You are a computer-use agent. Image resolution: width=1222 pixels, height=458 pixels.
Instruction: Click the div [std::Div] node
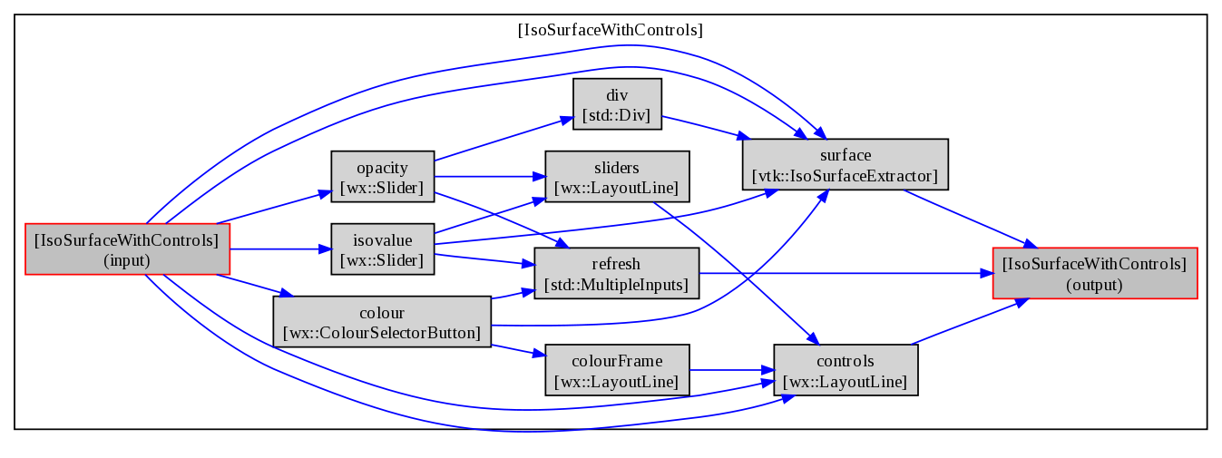[x=617, y=104]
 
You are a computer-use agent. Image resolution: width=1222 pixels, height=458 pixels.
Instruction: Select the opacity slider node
[x=383, y=177]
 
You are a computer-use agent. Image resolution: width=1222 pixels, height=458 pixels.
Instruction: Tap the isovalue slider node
[x=383, y=249]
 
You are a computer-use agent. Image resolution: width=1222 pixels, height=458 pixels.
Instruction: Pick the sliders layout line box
[x=617, y=177]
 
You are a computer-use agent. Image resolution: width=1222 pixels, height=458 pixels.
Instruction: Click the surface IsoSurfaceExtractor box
[x=845, y=164]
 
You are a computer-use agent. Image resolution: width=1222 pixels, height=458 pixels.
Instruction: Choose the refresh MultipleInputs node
[x=617, y=273]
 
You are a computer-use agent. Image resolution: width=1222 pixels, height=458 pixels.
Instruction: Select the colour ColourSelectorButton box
[x=382, y=322]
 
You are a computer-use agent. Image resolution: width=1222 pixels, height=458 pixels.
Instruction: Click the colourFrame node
[x=617, y=370]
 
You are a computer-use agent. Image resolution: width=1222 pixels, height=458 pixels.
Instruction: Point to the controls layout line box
[x=846, y=370]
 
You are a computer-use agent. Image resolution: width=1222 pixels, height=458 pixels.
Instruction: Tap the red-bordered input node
[x=127, y=249]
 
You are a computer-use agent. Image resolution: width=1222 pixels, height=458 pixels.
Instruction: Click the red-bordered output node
[x=1095, y=273]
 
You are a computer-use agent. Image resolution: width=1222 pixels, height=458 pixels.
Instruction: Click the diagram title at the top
[x=611, y=30]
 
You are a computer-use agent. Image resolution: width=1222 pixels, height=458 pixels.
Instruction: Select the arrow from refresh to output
[x=846, y=273]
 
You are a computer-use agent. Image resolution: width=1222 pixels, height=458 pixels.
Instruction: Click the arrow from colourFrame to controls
[x=731, y=370]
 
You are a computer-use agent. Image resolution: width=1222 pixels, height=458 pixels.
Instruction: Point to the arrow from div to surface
[x=706, y=127]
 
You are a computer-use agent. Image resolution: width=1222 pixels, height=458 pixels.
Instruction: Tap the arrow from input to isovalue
[x=280, y=249]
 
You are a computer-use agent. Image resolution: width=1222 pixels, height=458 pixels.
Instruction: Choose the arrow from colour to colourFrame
[x=518, y=351]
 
